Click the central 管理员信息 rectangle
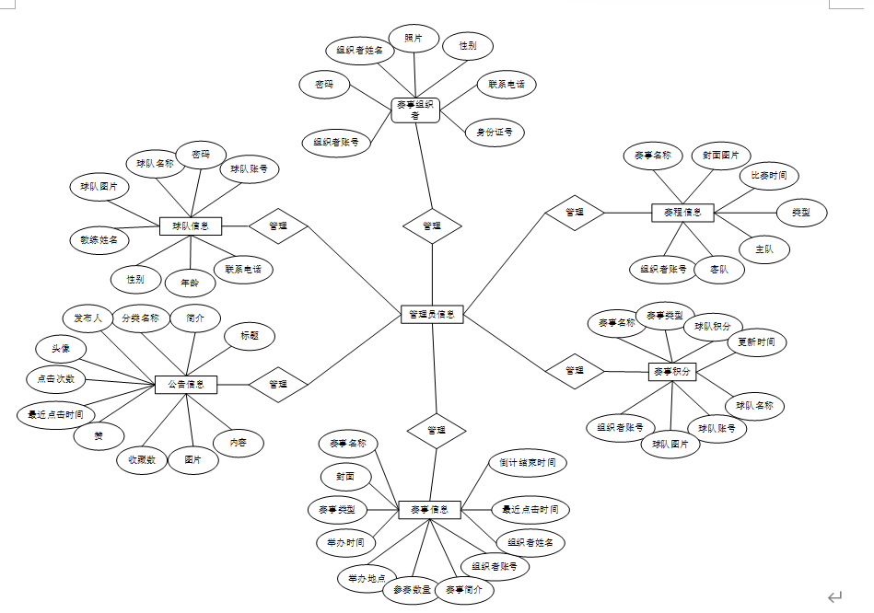(x=433, y=315)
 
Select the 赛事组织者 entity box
(x=414, y=110)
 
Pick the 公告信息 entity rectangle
(x=185, y=384)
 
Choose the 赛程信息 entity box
(x=682, y=213)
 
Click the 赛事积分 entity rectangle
(x=672, y=372)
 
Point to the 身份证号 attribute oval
(x=495, y=133)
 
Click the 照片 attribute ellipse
(x=414, y=39)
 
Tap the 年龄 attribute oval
(x=190, y=282)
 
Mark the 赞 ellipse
(x=98, y=437)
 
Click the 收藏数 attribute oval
(x=142, y=459)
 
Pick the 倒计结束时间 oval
(x=528, y=462)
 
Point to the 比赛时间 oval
(x=769, y=175)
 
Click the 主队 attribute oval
(x=763, y=249)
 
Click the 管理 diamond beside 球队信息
(x=277, y=226)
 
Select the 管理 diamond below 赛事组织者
(x=432, y=226)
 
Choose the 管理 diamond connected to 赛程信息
(x=575, y=213)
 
